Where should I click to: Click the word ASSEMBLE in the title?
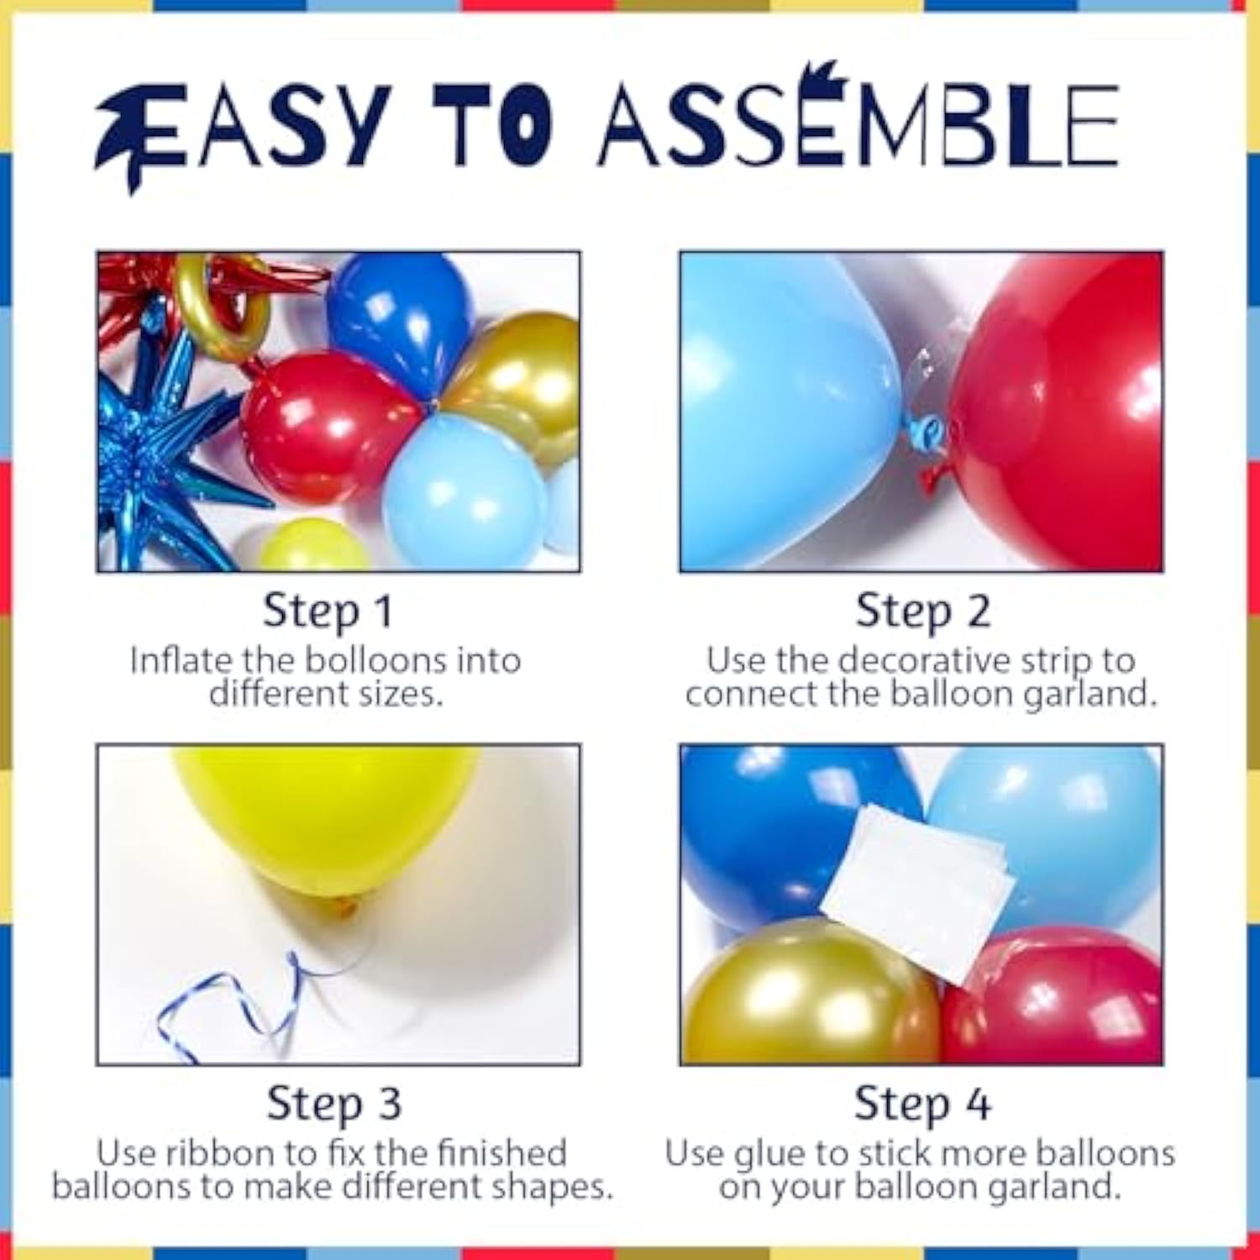click(858, 126)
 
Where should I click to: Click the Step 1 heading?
click(328, 611)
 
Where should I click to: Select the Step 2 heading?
click(922, 611)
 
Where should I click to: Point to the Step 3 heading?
click(333, 1104)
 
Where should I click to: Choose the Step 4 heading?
click(922, 1104)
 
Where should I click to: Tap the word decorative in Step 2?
click(926, 661)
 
